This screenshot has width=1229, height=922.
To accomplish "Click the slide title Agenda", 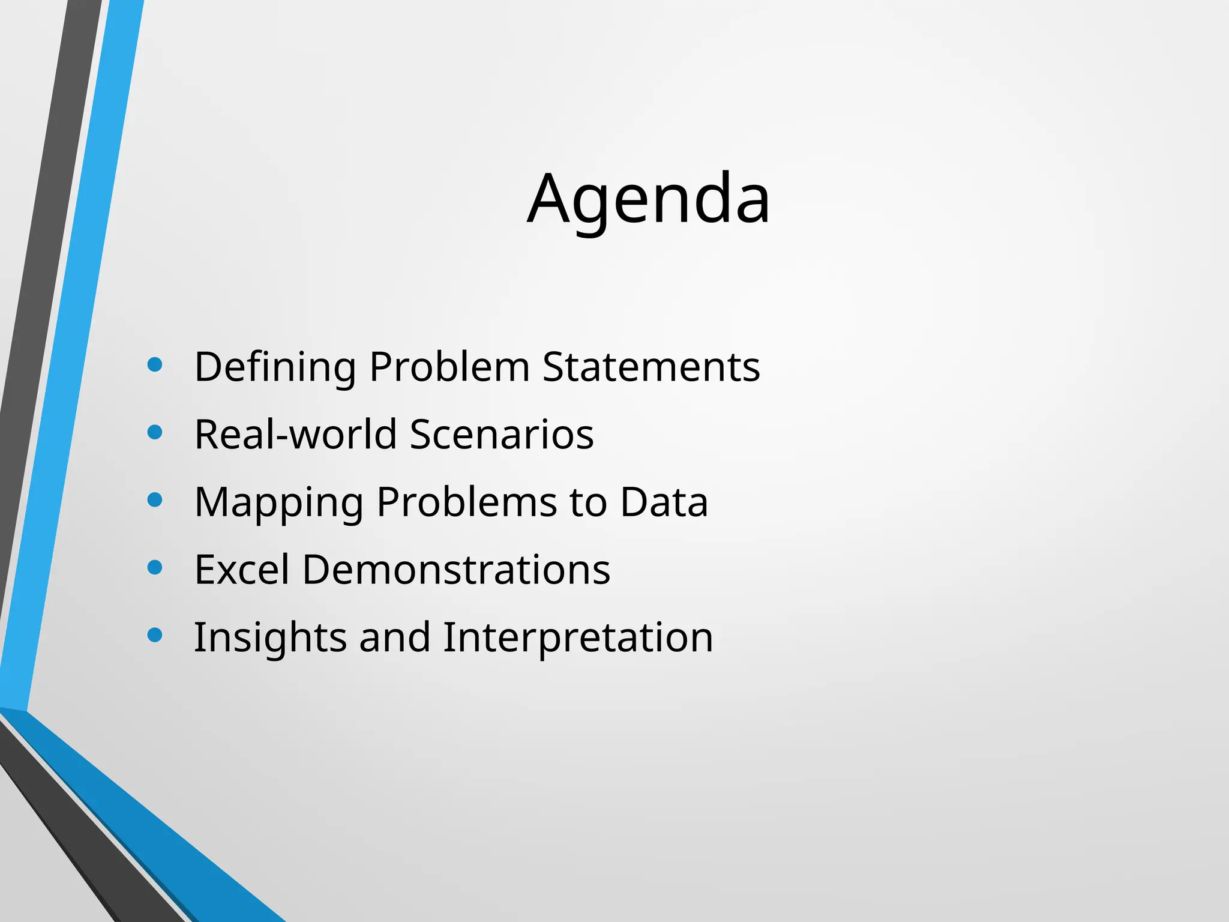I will click(x=648, y=199).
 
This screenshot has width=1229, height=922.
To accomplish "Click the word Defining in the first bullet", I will click(x=275, y=367).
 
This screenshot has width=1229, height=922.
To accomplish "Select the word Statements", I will click(x=651, y=367).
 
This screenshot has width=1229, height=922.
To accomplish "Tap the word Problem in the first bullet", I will click(x=449, y=367).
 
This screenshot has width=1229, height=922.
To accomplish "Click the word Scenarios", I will click(x=502, y=434).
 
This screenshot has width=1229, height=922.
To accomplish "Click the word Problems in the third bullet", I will click(x=466, y=502).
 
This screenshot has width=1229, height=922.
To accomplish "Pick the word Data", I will click(x=664, y=502).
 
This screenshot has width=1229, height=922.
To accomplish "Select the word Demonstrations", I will click(x=456, y=569).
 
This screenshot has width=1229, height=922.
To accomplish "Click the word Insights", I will click(x=270, y=637).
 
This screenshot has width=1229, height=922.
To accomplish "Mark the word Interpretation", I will click(x=578, y=637).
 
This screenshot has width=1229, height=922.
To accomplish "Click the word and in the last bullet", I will click(x=395, y=637).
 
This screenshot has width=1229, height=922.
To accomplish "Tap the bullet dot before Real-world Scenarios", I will click(x=155, y=432).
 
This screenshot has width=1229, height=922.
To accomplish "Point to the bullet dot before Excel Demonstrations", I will click(x=155, y=567).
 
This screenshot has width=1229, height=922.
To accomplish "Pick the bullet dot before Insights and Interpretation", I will click(x=155, y=635).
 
